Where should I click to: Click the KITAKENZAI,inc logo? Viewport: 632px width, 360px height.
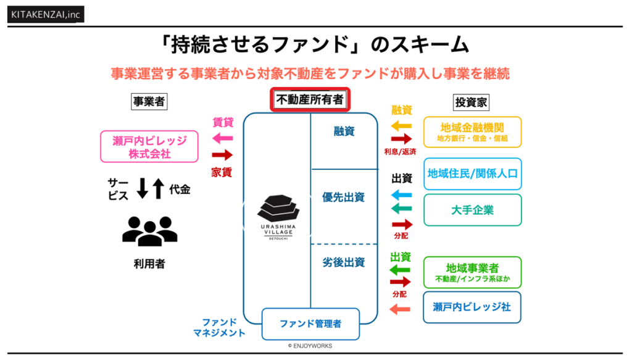(x=46, y=14)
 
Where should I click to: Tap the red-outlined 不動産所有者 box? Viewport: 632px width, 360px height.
(x=310, y=99)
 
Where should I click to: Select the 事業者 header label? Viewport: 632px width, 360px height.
(x=149, y=102)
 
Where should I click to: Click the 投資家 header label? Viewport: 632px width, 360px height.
(x=472, y=102)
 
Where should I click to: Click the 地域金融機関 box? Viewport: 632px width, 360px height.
(x=472, y=132)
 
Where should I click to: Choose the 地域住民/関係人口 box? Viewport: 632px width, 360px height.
(x=472, y=174)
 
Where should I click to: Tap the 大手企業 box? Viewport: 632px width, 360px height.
(x=472, y=210)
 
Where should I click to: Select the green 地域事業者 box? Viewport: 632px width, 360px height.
(x=472, y=272)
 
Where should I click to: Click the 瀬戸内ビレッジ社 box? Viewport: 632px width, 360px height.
(x=472, y=307)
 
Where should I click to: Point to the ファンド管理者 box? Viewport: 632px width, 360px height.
(x=310, y=324)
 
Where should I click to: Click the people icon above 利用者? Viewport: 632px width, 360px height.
(x=149, y=230)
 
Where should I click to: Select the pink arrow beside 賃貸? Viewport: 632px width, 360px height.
(x=222, y=137)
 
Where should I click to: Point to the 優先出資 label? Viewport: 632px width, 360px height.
(x=343, y=198)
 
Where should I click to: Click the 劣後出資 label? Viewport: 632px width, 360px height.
(x=343, y=262)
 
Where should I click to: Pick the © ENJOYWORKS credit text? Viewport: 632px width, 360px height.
(x=310, y=346)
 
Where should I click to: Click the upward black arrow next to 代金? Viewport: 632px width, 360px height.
(x=159, y=188)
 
